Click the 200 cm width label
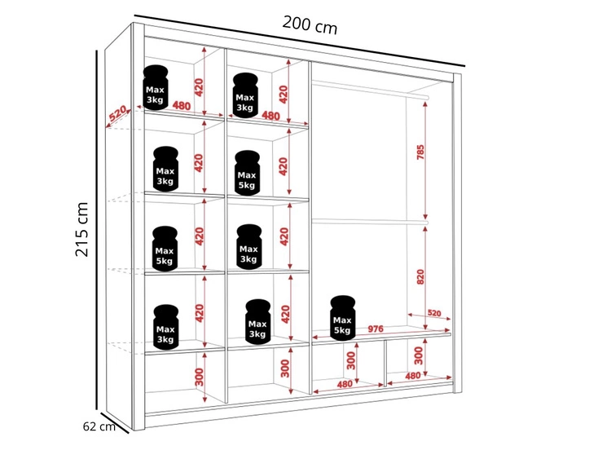310,24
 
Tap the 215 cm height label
82,229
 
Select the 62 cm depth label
99,426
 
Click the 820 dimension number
420,276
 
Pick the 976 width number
375,329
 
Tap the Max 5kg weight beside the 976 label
342,316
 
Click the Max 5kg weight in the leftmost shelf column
165,248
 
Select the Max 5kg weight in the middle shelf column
246,172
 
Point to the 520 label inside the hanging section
433,313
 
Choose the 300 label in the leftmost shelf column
199,376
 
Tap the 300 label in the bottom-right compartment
417,355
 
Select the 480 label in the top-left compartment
181,105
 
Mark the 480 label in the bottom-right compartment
413,376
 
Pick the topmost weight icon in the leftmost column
155,86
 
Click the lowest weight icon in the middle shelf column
257,321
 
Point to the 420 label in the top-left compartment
198,85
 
